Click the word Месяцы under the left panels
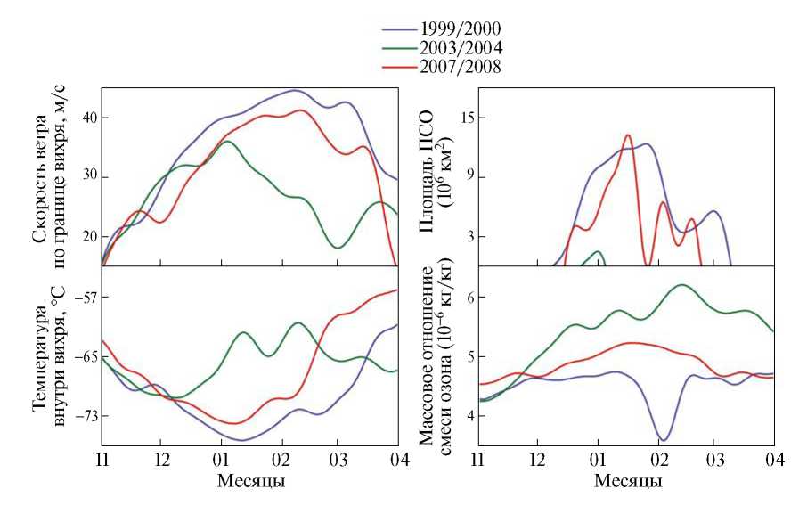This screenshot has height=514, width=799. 251,482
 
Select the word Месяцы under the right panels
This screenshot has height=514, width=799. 626,482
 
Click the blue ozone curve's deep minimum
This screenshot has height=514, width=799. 663,439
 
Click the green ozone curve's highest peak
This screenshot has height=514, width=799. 682,285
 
